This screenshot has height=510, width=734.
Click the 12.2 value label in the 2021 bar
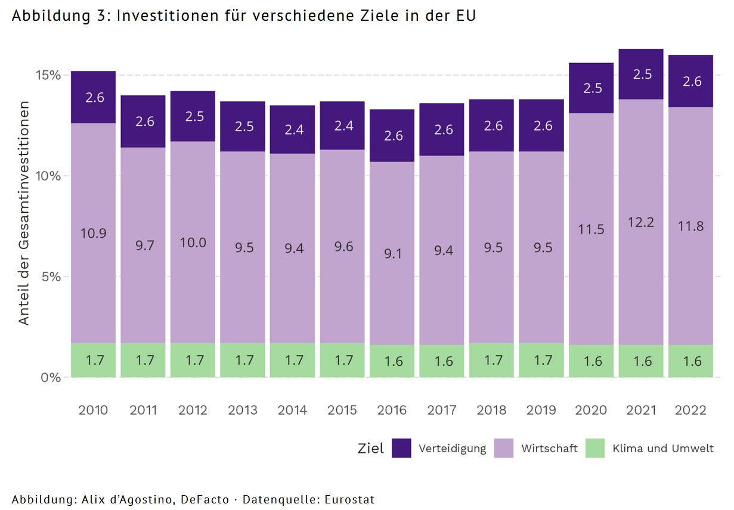pos(641,222)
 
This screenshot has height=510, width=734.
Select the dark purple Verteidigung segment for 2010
pos(93,97)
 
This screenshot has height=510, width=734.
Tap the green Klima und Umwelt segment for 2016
pos(392,361)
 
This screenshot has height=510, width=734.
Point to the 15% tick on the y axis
pos(47,76)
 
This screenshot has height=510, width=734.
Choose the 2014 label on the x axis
pos(292,410)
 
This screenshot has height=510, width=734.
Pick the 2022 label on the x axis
pos(690,410)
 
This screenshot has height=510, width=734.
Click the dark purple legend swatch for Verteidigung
pos(401,448)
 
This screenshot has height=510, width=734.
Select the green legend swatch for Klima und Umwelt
pos(595,448)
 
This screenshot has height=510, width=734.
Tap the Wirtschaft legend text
pos(549,449)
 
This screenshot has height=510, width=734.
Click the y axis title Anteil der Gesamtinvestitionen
pos(24,213)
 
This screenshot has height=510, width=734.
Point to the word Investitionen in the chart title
pos(166,16)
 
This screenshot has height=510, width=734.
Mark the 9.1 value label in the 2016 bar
pos(392,254)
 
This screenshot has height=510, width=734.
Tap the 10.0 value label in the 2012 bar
pos(193,242)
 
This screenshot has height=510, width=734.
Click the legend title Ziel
pos(370,449)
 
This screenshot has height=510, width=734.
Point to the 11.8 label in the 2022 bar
pos(690,226)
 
